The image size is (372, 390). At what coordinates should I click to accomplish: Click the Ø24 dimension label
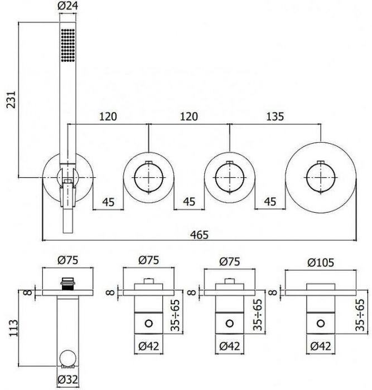(x=67, y=6)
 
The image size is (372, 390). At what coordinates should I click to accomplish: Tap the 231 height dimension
(x=11, y=100)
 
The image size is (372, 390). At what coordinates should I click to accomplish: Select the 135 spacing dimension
(x=275, y=116)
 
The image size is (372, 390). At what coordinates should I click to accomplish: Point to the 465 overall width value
(x=199, y=235)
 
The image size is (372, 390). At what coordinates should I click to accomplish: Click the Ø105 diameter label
(x=321, y=262)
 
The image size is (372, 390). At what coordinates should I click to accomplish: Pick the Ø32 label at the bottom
(x=67, y=379)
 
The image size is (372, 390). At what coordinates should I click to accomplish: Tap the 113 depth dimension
(x=14, y=328)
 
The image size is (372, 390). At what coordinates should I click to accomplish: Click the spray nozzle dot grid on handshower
(x=67, y=45)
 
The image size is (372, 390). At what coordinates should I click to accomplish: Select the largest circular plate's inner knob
(x=321, y=178)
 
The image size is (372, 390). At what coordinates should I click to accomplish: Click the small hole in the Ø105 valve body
(x=321, y=324)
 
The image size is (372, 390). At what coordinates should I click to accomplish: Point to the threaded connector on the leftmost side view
(x=67, y=284)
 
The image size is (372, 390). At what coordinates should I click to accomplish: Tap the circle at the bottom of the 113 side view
(x=67, y=358)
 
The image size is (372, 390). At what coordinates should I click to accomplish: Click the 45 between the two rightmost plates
(x=270, y=202)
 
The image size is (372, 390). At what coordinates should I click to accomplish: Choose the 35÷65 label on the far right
(x=360, y=315)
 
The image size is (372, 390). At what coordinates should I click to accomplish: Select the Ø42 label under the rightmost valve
(x=321, y=346)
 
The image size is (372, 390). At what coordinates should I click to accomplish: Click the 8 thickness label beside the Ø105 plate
(x=273, y=292)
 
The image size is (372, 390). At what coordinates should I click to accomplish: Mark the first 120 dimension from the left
(x=108, y=116)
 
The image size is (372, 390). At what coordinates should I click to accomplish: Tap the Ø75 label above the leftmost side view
(x=67, y=260)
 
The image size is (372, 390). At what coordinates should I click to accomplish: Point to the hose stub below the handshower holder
(x=67, y=221)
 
